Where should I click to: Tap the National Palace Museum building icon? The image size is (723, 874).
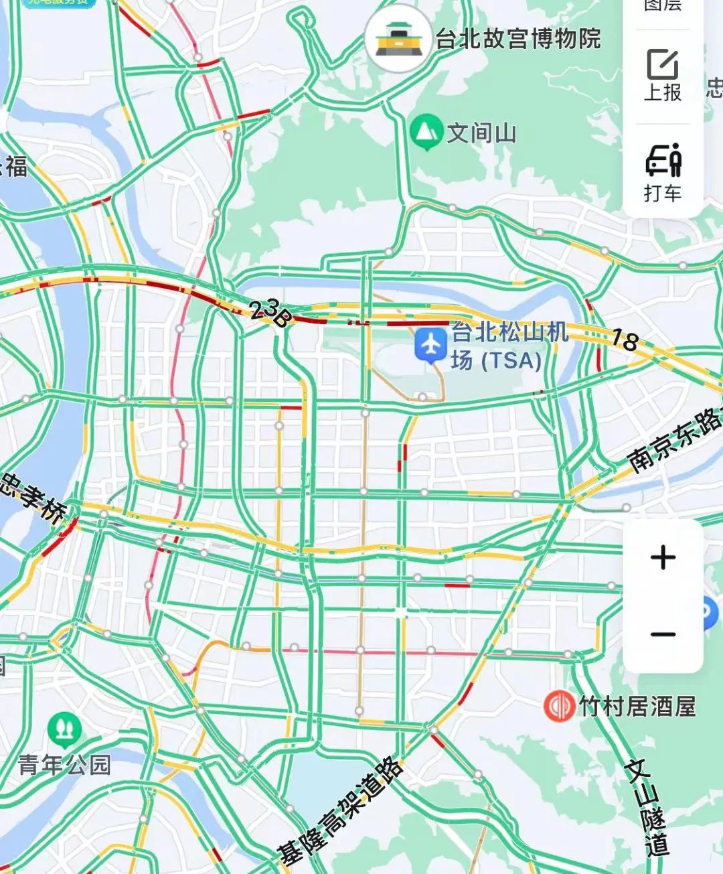[x=398, y=40]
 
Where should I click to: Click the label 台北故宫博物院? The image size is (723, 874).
[x=518, y=39]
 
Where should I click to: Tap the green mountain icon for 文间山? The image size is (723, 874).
[x=426, y=132]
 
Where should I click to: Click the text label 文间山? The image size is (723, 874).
[x=482, y=133]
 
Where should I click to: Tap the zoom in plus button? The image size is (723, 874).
[x=663, y=557]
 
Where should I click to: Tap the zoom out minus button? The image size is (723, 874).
[x=663, y=634]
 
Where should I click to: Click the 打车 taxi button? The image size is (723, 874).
[x=663, y=172]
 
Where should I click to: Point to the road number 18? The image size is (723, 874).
[x=625, y=341]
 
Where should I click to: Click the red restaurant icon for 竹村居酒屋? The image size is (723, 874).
[x=559, y=706]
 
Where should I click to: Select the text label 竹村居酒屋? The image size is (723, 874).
[x=637, y=707]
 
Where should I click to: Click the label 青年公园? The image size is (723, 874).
[x=64, y=765]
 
